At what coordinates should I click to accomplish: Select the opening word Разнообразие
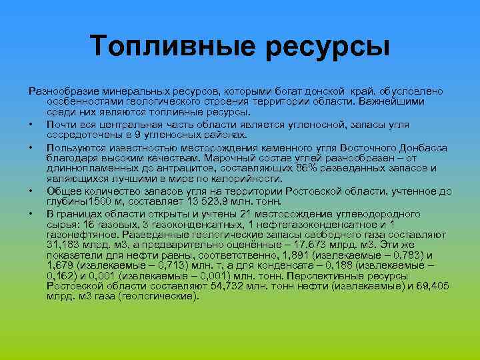click(x=61, y=91)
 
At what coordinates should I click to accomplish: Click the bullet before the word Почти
click(x=31, y=123)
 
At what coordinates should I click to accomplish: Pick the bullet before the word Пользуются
click(x=31, y=146)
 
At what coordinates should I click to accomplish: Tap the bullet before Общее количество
click(x=31, y=191)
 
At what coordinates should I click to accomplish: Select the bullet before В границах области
click(x=31, y=214)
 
